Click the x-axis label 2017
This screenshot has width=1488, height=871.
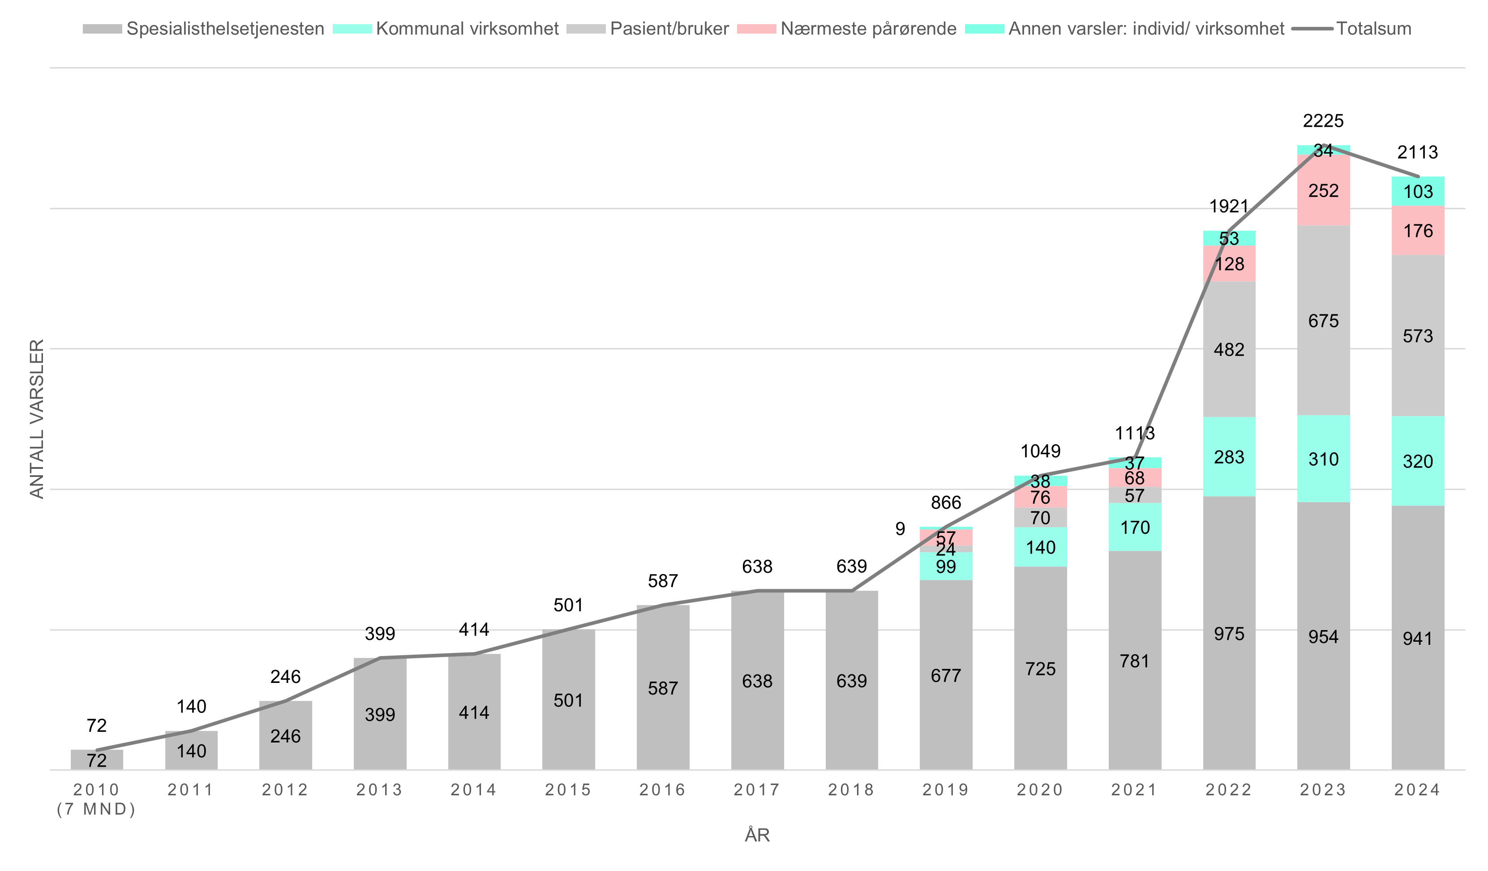[757, 789]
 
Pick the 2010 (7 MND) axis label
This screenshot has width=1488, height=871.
[96, 799]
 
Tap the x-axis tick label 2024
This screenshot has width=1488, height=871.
[1418, 789]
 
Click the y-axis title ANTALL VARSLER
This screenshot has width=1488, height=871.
[37, 419]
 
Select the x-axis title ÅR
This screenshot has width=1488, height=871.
[757, 835]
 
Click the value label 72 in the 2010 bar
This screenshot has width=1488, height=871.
[97, 760]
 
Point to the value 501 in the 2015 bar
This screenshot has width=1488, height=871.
[568, 700]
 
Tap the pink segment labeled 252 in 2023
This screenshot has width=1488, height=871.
[1323, 191]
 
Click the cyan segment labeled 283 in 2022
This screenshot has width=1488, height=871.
[1229, 457]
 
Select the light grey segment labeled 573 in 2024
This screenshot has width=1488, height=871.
[1418, 336]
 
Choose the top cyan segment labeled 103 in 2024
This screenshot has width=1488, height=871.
[1418, 191]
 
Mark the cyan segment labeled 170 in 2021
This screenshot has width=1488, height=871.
[1135, 528]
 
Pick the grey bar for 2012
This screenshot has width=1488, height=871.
[286, 736]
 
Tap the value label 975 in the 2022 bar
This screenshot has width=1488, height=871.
[1229, 634]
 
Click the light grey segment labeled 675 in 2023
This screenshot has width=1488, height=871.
[1323, 321]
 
